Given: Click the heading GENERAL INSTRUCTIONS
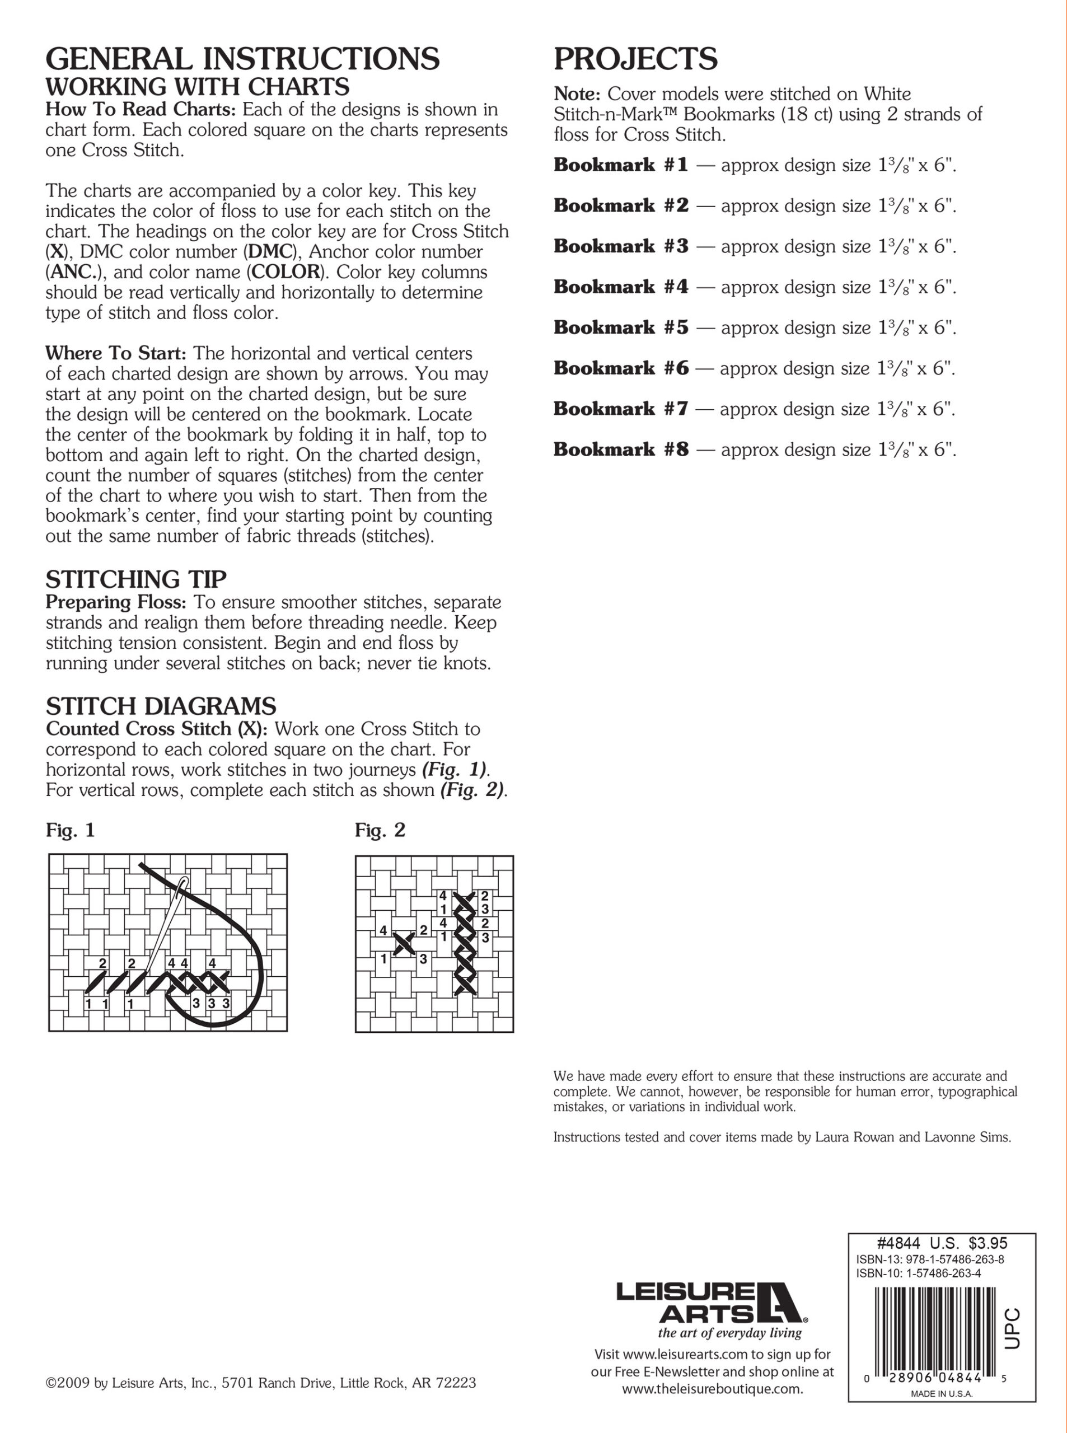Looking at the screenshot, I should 242,59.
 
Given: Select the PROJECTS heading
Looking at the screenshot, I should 635,59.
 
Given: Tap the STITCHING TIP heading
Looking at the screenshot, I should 135,579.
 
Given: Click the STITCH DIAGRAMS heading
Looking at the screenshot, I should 161,706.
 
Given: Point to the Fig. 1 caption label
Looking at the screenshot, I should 71,831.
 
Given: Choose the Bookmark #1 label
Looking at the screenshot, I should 621,165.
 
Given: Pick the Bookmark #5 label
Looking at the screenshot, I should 621,327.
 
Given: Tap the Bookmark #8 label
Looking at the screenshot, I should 621,449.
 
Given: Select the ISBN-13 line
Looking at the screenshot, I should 929,1259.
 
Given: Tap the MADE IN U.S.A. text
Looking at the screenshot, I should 941,1412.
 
